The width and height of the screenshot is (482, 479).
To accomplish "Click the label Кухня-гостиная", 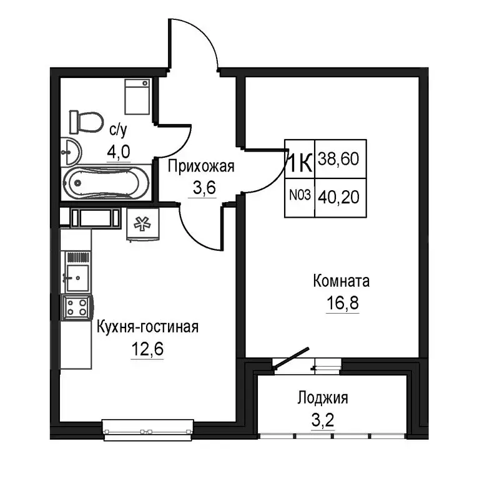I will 147,327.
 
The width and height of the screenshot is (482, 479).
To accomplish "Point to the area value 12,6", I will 147,349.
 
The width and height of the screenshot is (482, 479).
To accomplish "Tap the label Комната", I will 342,281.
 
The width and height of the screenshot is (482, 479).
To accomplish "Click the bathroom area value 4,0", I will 119,152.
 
